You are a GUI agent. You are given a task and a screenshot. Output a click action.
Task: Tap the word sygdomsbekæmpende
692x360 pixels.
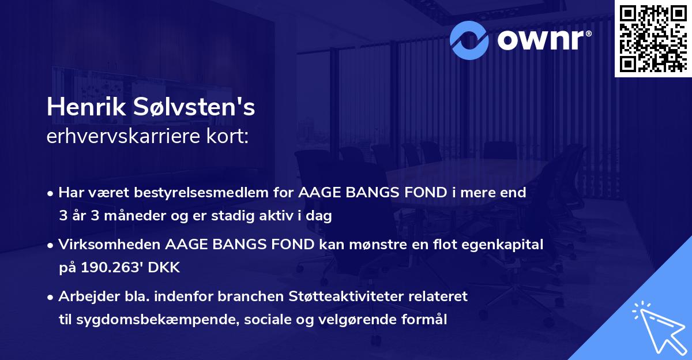click(148, 320)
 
